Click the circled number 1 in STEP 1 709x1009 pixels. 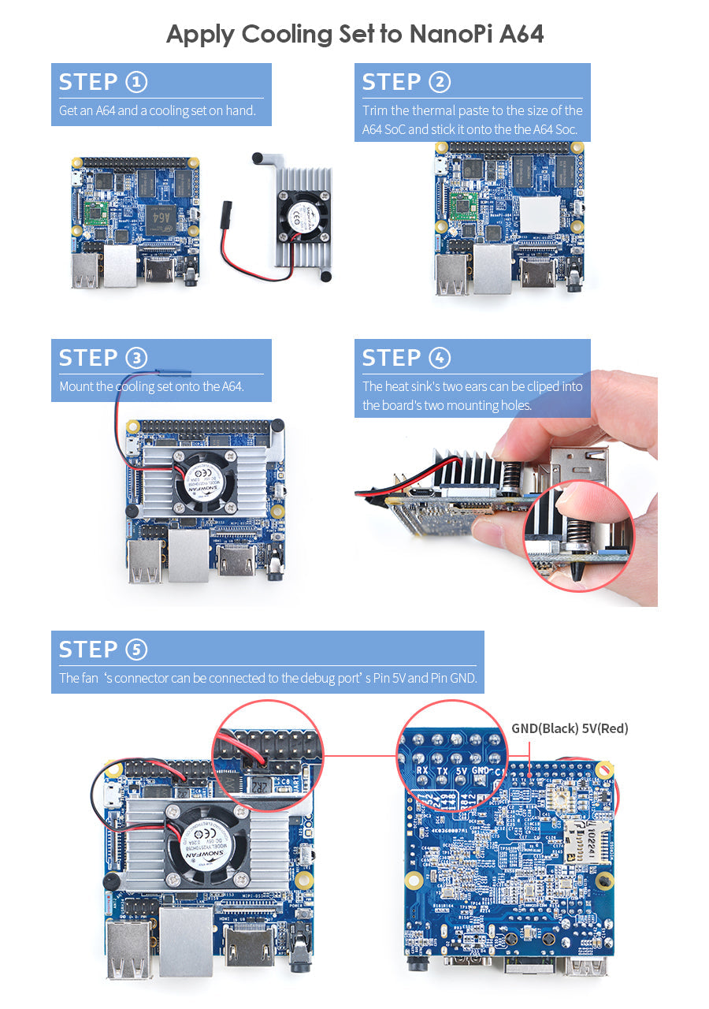pyautogui.click(x=135, y=82)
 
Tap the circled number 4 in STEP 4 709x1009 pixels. pyautogui.click(x=439, y=358)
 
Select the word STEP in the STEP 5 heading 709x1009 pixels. pyautogui.click(x=87, y=650)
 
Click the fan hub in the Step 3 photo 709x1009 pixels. pyautogui.click(x=202, y=482)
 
